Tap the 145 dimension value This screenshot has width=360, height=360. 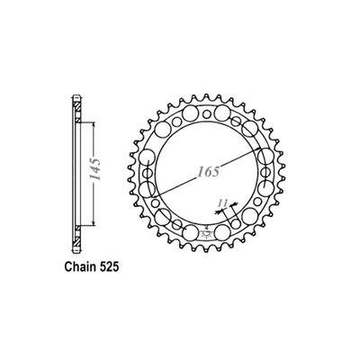click(x=93, y=168)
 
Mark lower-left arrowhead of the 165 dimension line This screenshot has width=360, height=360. click(x=157, y=189)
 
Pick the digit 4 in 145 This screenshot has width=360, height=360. click(x=93, y=168)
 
